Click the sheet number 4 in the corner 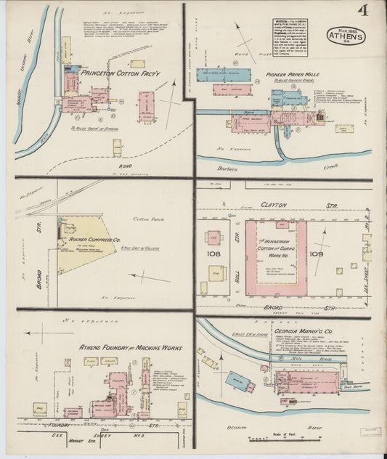tap(361, 10)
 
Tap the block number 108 tap(213, 254)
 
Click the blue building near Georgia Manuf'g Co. tap(236, 378)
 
